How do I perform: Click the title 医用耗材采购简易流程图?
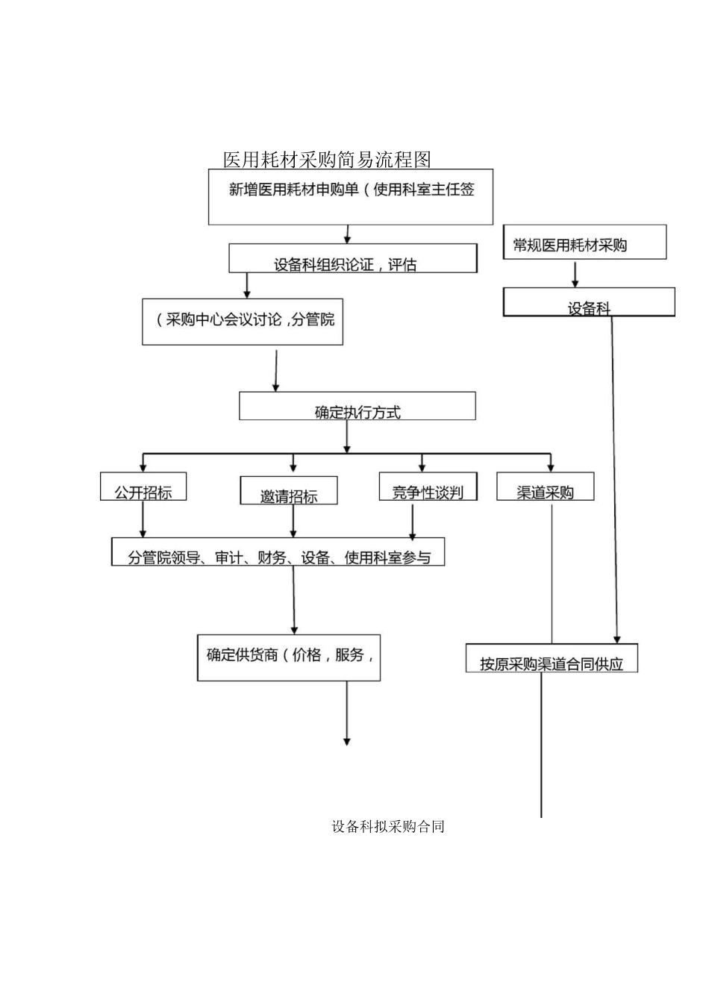point(327,159)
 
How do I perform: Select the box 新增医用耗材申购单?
point(350,197)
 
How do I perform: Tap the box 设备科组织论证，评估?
point(352,258)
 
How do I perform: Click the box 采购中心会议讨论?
point(243,322)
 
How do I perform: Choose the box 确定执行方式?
point(357,407)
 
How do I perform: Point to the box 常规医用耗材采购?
point(584,243)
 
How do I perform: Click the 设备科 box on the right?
point(589,302)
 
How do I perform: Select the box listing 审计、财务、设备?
point(278,552)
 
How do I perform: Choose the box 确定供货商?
point(289,657)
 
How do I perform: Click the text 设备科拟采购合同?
point(388,826)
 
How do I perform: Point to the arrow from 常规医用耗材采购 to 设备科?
point(575,274)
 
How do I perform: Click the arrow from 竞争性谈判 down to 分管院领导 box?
point(413,521)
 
